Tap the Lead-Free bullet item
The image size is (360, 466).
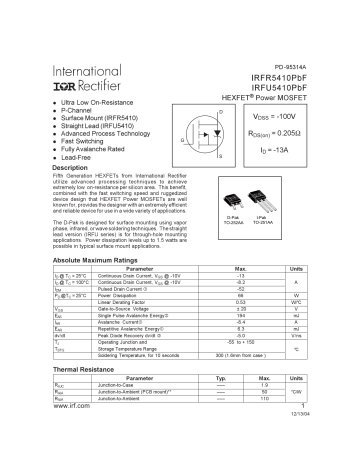click(83, 158)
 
